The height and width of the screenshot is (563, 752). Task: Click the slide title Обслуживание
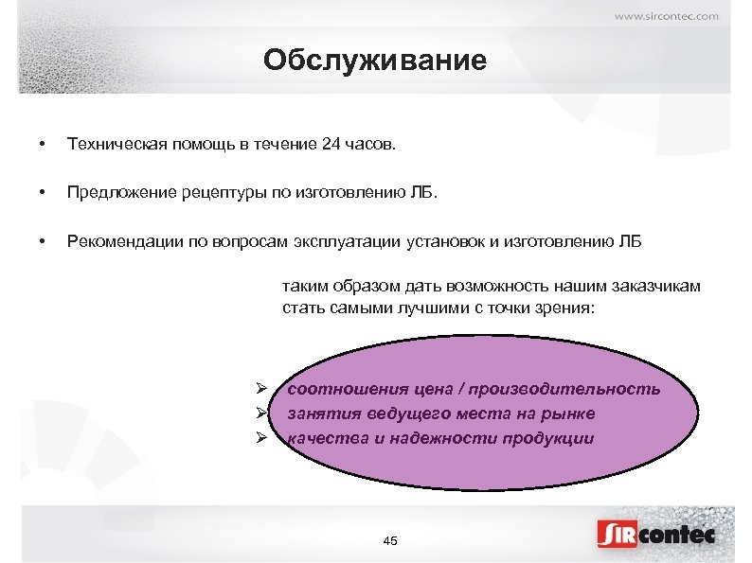coord(375,62)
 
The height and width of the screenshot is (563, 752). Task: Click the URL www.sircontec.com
coord(667,15)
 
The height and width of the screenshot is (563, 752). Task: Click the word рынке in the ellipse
coord(571,413)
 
